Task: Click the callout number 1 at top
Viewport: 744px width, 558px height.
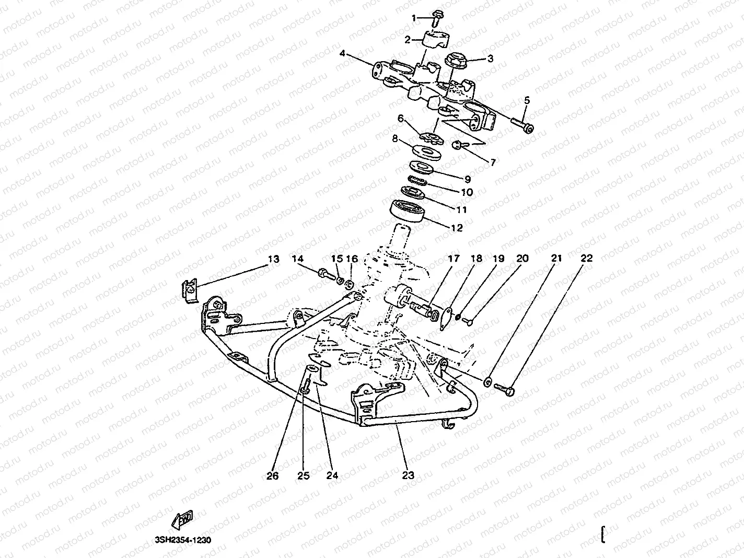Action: [x=414, y=18]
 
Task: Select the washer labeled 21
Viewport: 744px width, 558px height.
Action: [x=487, y=382]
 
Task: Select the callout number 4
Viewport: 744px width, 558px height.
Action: [x=342, y=53]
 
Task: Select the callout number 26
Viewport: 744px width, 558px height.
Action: [x=273, y=475]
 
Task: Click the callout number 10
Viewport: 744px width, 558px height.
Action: [x=467, y=192]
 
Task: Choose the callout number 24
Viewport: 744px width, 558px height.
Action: [x=332, y=475]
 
